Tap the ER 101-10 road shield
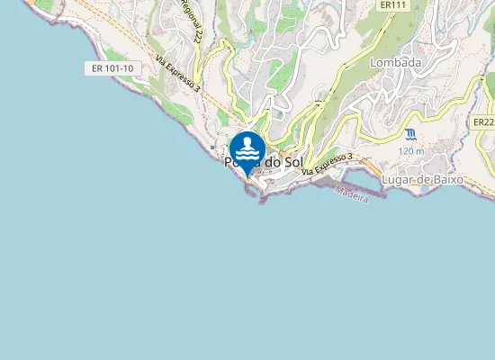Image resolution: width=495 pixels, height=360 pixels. tap(112, 68)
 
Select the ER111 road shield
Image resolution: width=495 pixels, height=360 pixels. tap(390, 5)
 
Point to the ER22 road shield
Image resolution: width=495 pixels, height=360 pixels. tap(484, 121)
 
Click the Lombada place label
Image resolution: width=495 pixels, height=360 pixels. tap(395, 63)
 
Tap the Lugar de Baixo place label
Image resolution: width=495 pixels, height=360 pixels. tap(422, 179)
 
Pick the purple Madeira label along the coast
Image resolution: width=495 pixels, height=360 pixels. tap(352, 194)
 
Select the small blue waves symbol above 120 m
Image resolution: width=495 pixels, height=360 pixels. tap(410, 134)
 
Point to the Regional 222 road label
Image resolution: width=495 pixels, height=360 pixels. tap(191, 22)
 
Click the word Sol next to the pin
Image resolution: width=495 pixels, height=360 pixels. tap(290, 162)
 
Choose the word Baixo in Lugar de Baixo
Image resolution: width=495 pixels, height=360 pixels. tap(445, 179)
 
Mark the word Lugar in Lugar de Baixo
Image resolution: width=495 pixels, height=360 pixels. tap(397, 179)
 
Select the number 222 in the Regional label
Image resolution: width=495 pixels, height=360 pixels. tap(195, 33)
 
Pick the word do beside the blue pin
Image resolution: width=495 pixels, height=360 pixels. tap(271, 162)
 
